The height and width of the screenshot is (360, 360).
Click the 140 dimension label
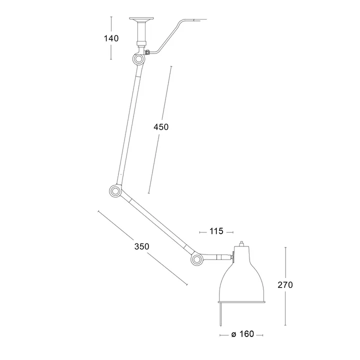point(111,38)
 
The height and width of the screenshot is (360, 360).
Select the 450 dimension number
point(161,127)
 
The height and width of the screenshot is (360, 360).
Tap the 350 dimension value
point(141,246)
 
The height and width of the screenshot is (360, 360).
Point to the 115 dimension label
point(216,231)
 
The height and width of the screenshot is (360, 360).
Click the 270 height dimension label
point(285,285)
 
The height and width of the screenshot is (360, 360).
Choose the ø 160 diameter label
point(242,334)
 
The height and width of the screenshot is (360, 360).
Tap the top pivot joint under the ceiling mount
point(138,59)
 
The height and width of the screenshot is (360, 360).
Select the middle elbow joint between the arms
point(115,191)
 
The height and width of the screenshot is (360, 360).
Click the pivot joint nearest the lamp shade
point(196,259)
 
